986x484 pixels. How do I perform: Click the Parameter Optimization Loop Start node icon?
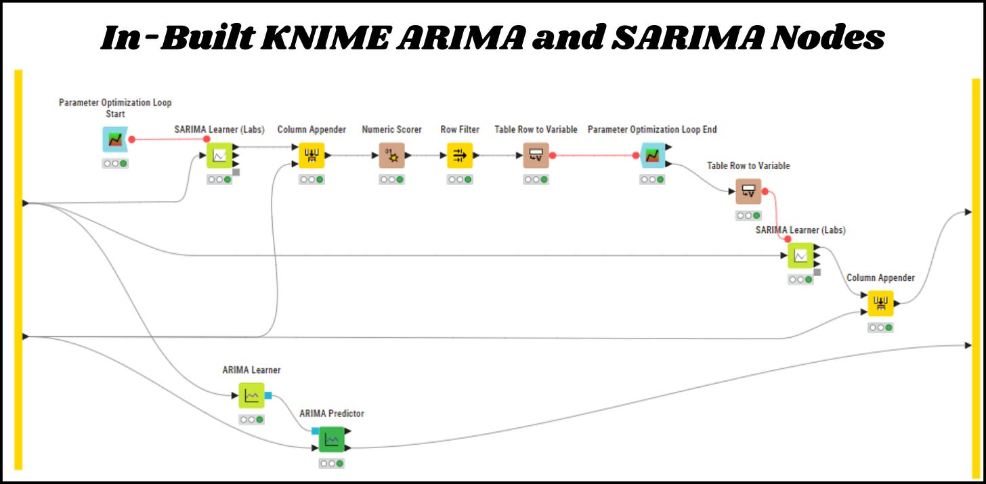[x=114, y=139]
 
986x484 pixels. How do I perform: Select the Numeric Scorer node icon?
[x=391, y=156]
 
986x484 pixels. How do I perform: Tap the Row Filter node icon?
[x=460, y=156]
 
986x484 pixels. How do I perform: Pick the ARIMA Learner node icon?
[x=251, y=395]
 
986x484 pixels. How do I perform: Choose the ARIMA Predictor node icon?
[x=332, y=440]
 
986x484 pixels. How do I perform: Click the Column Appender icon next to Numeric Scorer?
[x=312, y=156]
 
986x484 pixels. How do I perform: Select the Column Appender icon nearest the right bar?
[x=880, y=303]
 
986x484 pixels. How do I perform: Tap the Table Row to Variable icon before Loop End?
[x=536, y=156]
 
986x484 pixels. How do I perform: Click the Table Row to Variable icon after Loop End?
[x=748, y=192]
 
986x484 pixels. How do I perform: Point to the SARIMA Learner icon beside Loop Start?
[x=219, y=156]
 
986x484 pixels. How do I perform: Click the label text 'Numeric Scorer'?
[x=391, y=129]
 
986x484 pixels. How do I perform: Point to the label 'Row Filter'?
[x=460, y=129]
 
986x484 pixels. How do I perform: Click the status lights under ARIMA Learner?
[x=251, y=420]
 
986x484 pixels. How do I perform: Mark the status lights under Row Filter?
[x=460, y=179]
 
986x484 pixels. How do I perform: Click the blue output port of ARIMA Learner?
[x=268, y=395]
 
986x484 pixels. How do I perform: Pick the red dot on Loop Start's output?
[x=131, y=139]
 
